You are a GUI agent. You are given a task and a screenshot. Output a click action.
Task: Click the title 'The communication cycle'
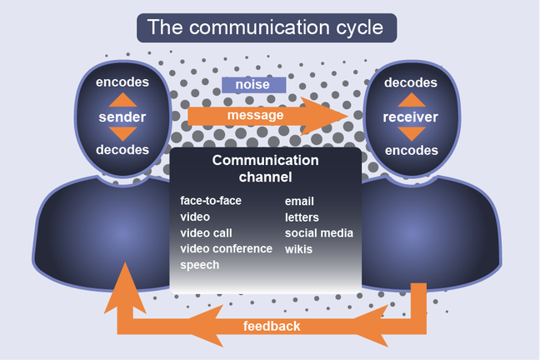coord(266,27)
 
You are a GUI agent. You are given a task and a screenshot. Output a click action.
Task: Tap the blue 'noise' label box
coord(253,85)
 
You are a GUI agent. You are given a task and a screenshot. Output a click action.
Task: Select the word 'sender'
coord(122,117)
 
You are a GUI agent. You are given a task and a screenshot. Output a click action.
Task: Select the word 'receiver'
coord(410,117)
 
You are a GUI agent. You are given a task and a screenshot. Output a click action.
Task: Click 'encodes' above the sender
coord(122,82)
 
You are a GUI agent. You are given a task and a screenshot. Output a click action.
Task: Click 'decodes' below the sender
coord(122,150)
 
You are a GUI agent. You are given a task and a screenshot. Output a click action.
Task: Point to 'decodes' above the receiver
coord(410,82)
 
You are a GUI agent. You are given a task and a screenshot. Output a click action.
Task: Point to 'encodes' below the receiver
coord(410,150)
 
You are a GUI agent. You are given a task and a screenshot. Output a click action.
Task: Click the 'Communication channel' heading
coord(265,168)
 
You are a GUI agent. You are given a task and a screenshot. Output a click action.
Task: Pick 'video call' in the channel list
coord(206,232)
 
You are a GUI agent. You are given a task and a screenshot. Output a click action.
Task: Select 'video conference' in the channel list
coord(226,248)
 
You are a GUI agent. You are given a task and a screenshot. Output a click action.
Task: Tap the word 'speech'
coord(200,265)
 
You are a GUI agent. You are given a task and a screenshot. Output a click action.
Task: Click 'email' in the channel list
coord(299,201)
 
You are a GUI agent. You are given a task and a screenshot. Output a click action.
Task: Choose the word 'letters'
coord(302,217)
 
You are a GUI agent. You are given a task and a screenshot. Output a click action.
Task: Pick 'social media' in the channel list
coord(319,232)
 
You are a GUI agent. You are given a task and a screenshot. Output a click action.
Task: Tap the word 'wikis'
coord(299,248)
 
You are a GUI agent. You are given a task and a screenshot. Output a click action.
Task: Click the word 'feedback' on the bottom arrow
coord(271,326)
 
